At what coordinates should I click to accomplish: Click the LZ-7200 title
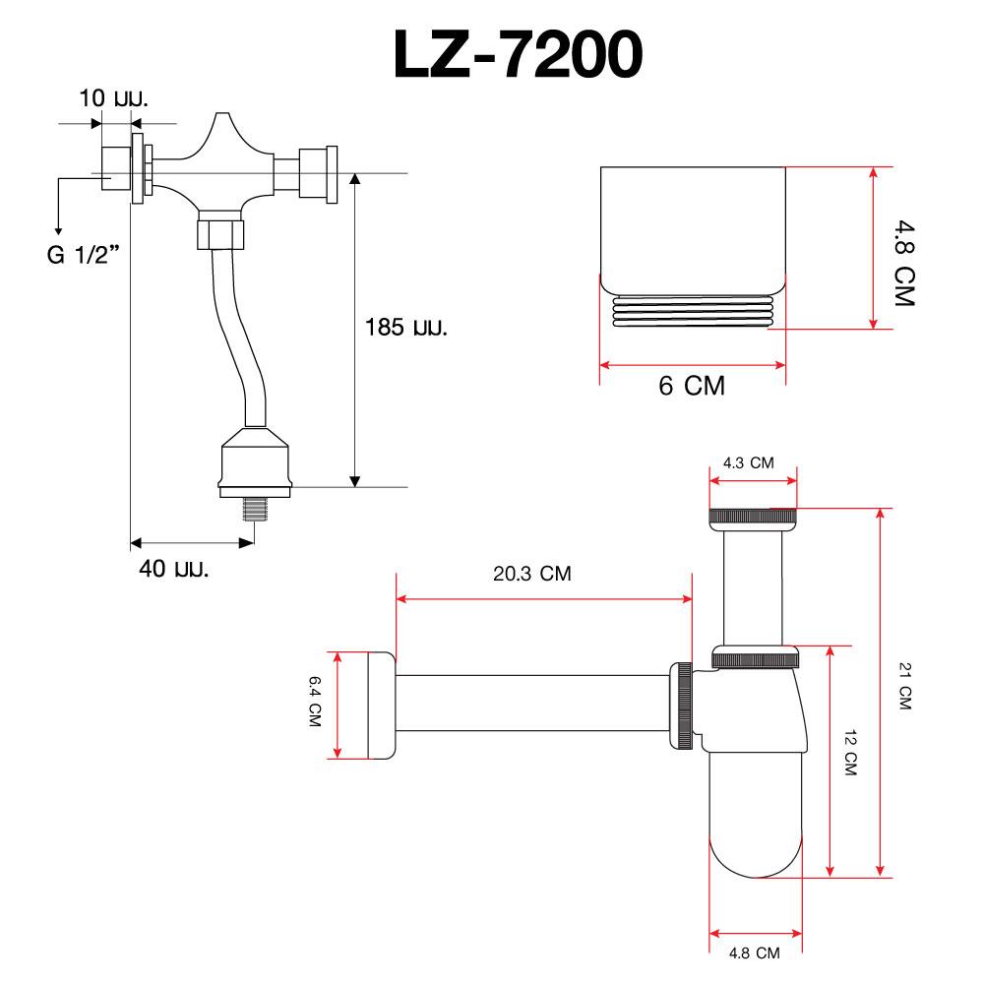pos(519,56)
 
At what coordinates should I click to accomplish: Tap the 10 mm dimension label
pos(114,98)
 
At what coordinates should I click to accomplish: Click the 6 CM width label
pos(692,387)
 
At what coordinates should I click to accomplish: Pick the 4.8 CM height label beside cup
pos(903,263)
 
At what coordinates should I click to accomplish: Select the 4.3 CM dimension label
pos(749,462)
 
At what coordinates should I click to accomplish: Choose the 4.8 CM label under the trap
pos(755,953)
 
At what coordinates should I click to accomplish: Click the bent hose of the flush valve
pos(237,335)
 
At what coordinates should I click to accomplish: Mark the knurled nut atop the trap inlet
pos(754,517)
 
